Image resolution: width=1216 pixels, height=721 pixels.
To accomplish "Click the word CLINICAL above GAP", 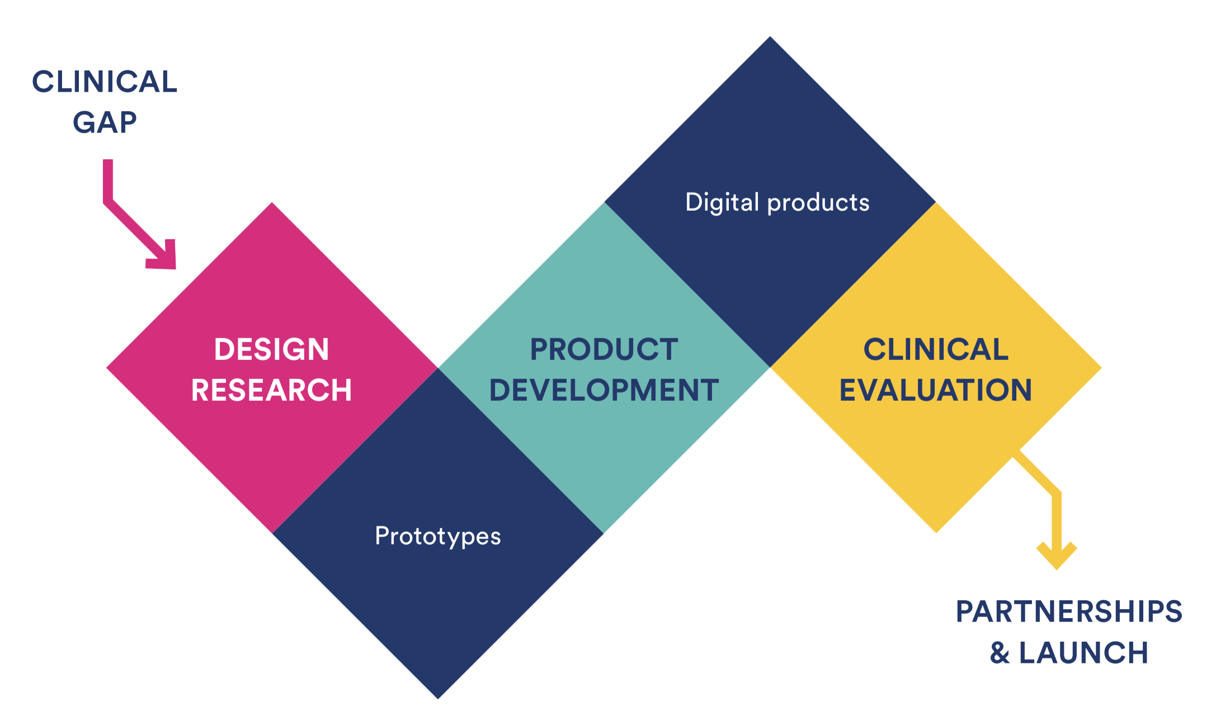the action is (x=105, y=82).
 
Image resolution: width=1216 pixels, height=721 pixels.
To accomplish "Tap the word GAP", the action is (x=105, y=122).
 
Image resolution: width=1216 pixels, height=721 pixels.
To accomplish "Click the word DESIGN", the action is (x=272, y=349).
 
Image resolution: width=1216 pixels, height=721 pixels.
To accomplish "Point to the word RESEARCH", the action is (x=272, y=390).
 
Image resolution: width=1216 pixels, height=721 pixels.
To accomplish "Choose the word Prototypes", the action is (x=438, y=537).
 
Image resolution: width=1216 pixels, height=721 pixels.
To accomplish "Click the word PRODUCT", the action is (x=604, y=349).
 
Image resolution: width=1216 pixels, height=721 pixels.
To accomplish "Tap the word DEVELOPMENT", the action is (x=604, y=390).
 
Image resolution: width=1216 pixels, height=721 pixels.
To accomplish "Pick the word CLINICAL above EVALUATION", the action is (x=936, y=349).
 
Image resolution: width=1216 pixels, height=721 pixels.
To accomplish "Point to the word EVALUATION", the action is (x=936, y=390).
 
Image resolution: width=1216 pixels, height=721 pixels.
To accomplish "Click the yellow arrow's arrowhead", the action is (x=1057, y=556).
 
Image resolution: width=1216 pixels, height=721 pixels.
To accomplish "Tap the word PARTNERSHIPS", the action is (x=1069, y=611).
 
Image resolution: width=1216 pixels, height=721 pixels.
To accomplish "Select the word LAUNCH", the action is (x=1083, y=653).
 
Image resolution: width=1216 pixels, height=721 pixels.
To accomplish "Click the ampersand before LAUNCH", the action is (x=1000, y=653).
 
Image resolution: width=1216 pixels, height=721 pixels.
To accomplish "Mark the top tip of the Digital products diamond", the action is (x=770, y=36).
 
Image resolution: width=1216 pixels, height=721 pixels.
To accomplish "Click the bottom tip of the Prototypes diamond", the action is (x=438, y=699).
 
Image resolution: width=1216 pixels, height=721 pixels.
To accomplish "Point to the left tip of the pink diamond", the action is (x=106, y=368).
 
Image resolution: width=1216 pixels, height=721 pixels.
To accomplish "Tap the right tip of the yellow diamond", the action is (x=1102, y=368).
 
